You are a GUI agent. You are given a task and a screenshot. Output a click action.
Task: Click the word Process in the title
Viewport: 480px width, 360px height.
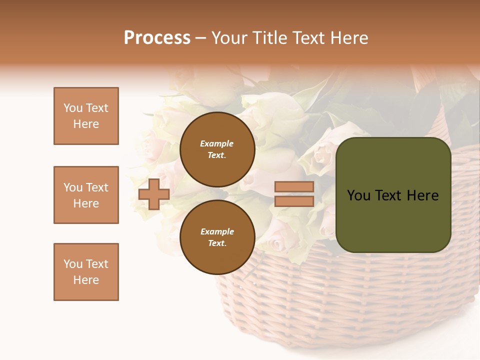tap(157, 38)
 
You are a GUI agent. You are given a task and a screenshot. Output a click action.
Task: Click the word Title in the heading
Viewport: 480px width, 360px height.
tap(268, 38)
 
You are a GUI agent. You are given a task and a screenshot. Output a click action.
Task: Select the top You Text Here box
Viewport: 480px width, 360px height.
tap(86, 116)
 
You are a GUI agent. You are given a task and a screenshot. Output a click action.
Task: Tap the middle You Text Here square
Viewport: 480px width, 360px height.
tap(86, 195)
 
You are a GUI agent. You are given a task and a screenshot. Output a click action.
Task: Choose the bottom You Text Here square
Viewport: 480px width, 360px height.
tap(86, 272)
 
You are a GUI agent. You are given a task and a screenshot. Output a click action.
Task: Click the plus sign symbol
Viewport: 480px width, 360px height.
tap(154, 194)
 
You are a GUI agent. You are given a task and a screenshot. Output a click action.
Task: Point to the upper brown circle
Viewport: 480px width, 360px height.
tap(217, 149)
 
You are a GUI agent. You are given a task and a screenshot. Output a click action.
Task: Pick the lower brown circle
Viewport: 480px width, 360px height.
tap(217, 237)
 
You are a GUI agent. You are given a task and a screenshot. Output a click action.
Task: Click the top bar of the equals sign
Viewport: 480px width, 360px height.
tap(294, 187)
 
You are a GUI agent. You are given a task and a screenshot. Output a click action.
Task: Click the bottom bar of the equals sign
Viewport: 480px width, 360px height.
tap(294, 201)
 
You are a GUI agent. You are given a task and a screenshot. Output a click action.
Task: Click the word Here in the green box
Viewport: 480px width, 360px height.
tap(422, 195)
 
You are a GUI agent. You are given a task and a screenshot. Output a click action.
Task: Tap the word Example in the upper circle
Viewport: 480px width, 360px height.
tap(217, 143)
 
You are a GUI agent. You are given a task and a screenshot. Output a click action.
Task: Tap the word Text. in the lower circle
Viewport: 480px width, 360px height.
tap(217, 243)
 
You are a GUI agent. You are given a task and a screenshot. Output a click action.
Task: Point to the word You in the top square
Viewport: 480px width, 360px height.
tap(72, 108)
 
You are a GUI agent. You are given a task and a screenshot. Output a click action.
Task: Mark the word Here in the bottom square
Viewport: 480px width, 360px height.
tap(86, 280)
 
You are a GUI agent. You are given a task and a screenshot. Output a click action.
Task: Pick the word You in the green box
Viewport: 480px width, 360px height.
tap(358, 195)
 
